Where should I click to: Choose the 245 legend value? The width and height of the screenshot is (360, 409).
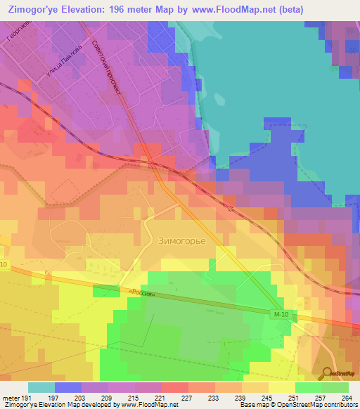point(267,398)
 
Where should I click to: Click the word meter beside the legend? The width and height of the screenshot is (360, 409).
point(10,398)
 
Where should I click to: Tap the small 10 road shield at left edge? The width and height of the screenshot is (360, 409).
point(4,264)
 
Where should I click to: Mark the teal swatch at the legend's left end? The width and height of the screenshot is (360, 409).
point(41,387)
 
